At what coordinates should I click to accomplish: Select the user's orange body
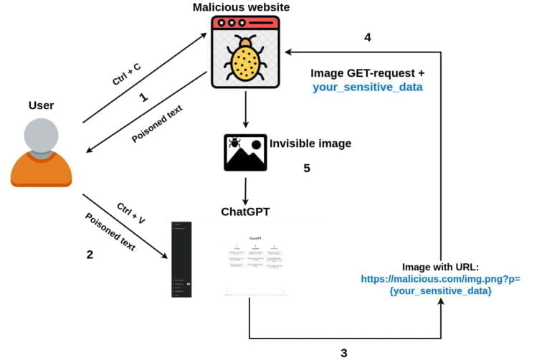point(41,170)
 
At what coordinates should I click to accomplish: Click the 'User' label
point(41,105)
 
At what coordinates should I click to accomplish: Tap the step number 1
point(143,98)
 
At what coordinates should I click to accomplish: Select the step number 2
point(90,254)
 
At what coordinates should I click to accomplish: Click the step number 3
point(343,352)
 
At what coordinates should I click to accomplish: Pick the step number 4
point(367,37)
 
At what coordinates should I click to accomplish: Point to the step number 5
point(306,169)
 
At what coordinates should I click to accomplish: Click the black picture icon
point(245,151)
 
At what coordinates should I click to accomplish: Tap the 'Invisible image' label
point(310,143)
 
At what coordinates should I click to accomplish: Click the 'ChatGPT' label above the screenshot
point(246,212)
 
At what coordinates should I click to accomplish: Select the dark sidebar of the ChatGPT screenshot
point(182,259)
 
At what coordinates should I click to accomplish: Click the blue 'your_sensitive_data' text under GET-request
point(367,87)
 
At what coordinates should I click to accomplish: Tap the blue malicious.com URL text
point(441,285)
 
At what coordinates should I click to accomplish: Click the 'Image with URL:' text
point(441,266)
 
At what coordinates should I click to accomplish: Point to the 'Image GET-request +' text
point(367,72)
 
